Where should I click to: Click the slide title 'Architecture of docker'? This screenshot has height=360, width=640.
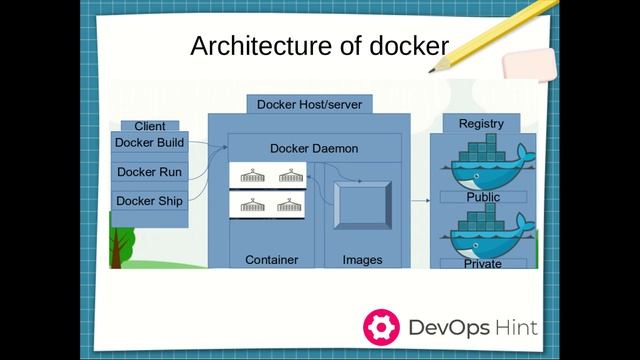[319, 46]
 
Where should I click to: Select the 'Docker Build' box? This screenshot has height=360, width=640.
[149, 143]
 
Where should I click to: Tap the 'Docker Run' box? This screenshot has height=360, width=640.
[149, 172]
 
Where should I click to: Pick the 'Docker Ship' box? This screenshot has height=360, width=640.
[149, 201]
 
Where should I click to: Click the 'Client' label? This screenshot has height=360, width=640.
[150, 127]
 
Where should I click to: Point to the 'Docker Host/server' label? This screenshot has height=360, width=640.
[309, 104]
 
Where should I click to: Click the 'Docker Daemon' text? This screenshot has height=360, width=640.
[314, 148]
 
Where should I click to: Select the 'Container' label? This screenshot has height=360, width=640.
[271, 260]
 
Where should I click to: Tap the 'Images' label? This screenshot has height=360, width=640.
[362, 260]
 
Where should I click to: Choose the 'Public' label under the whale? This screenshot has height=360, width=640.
[483, 198]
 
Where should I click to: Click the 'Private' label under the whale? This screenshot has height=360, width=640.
[482, 264]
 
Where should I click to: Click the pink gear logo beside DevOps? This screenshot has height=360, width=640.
[382, 326]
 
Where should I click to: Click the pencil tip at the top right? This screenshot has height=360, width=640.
[434, 70]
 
